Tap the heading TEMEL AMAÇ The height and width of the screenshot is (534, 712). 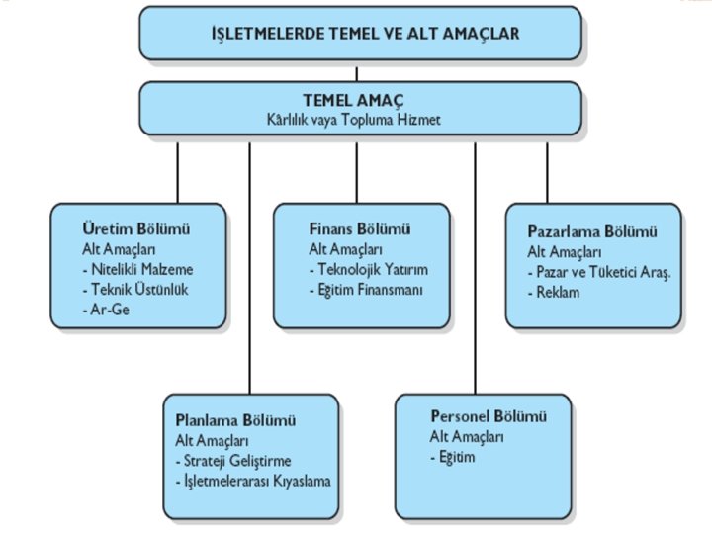[x=357, y=100]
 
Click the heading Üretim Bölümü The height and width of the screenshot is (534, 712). [x=136, y=229]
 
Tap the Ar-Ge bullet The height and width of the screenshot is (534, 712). [x=103, y=310]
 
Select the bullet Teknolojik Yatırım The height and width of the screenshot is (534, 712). [x=368, y=269]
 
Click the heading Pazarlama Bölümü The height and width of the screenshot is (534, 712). [x=592, y=231]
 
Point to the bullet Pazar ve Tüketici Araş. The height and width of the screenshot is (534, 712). [x=599, y=272]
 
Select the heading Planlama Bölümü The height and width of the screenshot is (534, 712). [x=243, y=420]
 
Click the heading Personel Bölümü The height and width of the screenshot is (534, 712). [x=488, y=416]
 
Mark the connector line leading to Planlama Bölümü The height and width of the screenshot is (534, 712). [x=249, y=267]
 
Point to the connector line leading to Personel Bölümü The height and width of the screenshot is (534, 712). [x=476, y=267]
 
